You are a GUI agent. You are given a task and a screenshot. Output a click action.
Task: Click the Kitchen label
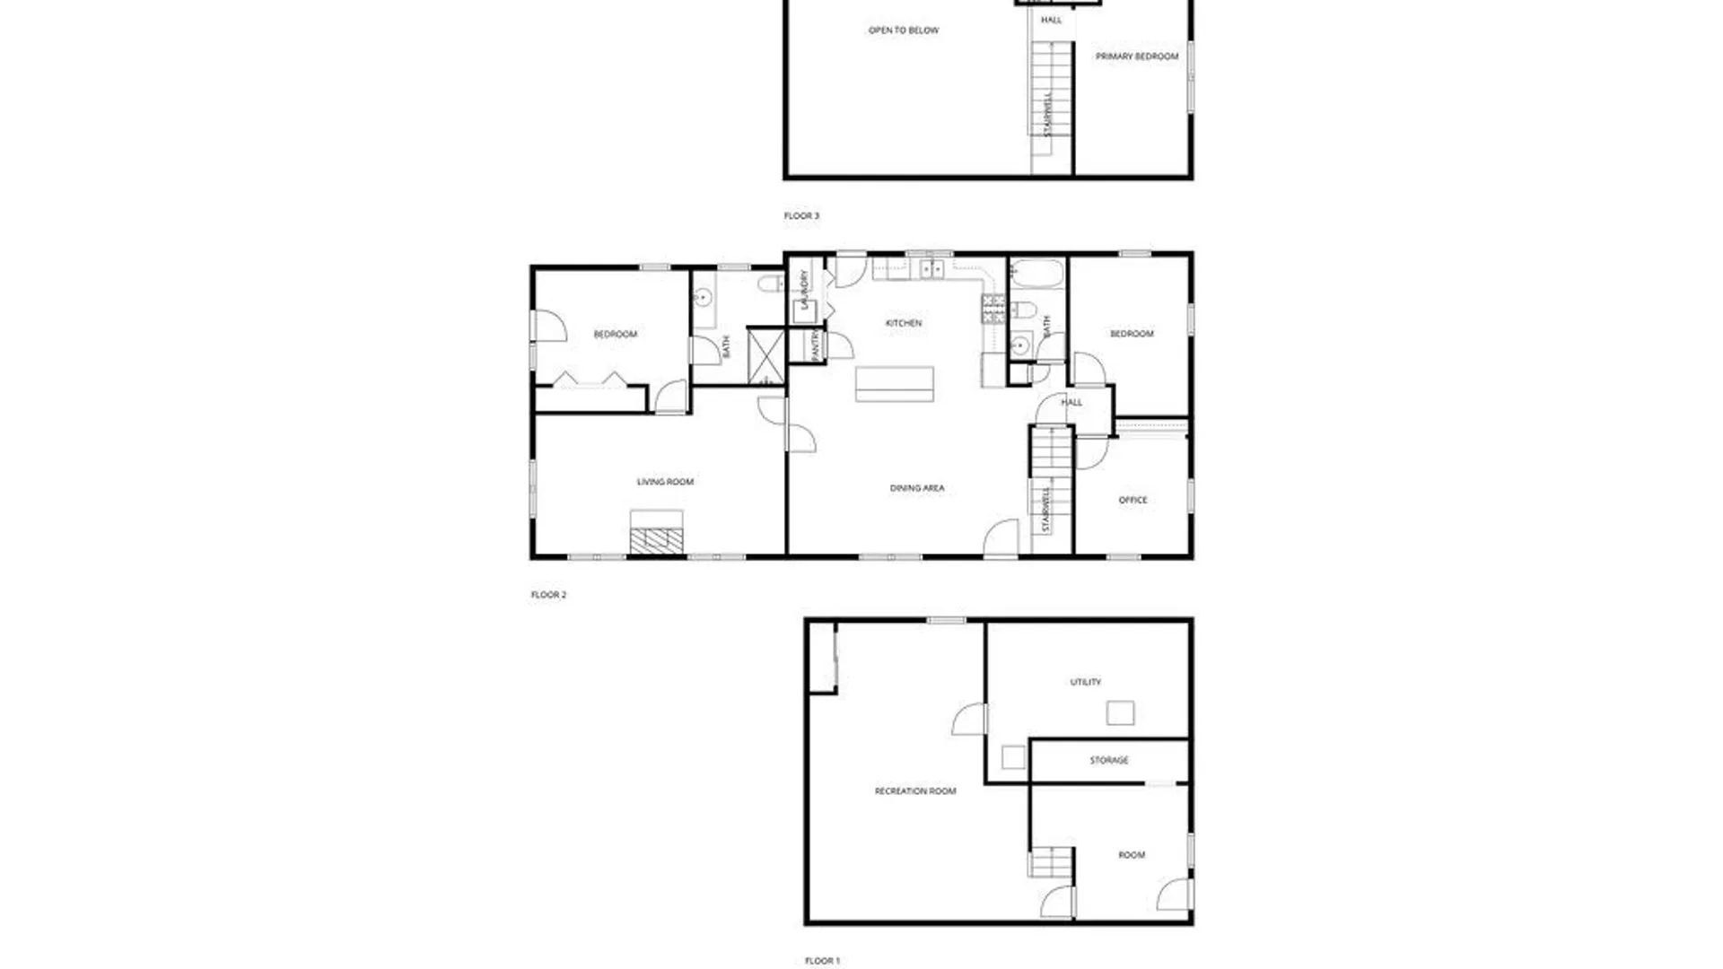[x=903, y=323]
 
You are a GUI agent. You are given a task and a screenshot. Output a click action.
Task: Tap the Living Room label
[x=665, y=482]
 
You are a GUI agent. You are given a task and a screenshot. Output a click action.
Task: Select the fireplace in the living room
[x=656, y=539]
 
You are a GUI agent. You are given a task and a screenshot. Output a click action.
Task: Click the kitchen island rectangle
[x=894, y=383]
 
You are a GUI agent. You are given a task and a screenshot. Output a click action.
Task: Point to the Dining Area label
[x=916, y=488]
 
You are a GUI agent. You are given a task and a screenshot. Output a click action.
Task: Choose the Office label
[x=1133, y=500]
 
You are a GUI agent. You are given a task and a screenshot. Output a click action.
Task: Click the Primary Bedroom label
[x=1136, y=57]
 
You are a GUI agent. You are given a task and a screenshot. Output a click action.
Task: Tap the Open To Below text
[x=903, y=31]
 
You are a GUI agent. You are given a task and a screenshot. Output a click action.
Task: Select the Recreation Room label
[x=914, y=791]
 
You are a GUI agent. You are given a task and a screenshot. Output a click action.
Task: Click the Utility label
[x=1085, y=682]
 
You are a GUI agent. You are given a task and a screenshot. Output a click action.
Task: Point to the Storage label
[x=1108, y=760]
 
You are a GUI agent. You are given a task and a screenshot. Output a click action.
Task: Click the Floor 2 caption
[x=548, y=595]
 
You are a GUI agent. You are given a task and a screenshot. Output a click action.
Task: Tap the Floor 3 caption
[x=801, y=216]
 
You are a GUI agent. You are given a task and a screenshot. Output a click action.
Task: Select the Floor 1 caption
[x=822, y=961]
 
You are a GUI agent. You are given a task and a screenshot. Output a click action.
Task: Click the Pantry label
[x=815, y=345]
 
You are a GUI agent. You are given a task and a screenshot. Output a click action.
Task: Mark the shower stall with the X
[x=766, y=356]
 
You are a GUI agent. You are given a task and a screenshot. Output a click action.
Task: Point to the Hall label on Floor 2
[x=1071, y=403]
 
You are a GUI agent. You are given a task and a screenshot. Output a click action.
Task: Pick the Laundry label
[x=805, y=289]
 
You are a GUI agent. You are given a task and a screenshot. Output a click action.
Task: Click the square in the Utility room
[x=1119, y=713]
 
